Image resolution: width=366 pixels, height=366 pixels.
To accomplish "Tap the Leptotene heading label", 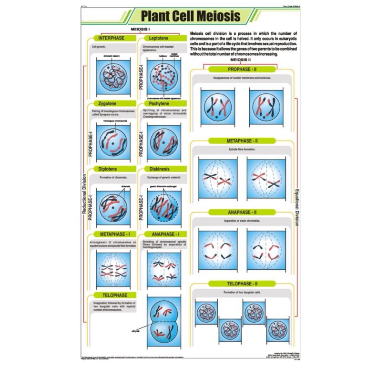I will tap(158, 38).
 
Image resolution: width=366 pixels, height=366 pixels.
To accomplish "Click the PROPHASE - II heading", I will tap(242, 69).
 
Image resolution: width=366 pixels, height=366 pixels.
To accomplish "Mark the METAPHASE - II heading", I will tap(242, 141).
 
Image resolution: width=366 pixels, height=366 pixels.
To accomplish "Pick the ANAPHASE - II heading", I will tap(242, 212).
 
